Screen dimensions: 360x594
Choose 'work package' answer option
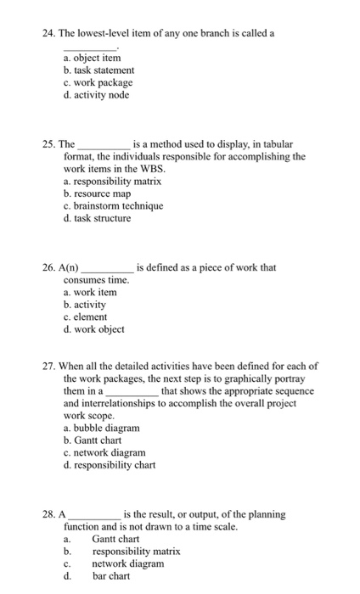(98, 82)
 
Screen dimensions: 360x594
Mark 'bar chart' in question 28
(111, 576)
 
